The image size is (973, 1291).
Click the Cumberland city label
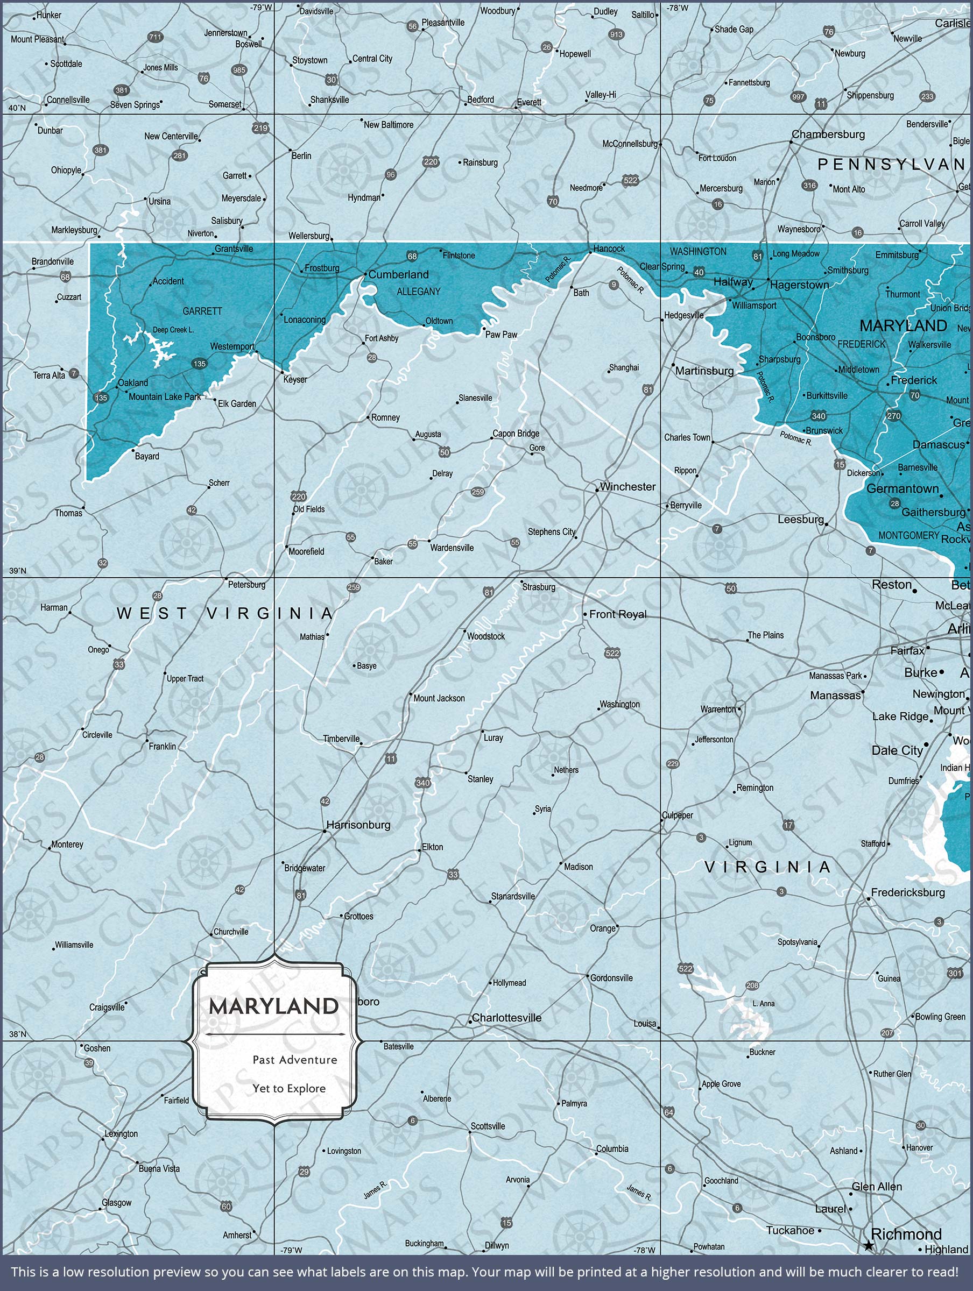click(x=398, y=274)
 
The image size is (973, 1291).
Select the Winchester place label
click(x=627, y=487)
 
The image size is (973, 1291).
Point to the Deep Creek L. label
click(x=173, y=330)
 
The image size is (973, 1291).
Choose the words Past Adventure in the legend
click(x=295, y=1059)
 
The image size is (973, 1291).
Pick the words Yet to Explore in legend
click(x=289, y=1089)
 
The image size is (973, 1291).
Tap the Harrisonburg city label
click(x=358, y=825)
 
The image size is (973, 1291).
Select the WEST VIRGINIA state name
click(x=225, y=613)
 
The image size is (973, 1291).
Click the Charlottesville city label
click(x=506, y=1017)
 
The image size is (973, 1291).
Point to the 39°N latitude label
click(x=18, y=571)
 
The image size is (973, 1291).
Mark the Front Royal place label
click(x=617, y=614)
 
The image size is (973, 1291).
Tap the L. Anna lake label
click(x=763, y=1003)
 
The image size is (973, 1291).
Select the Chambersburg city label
click(x=828, y=134)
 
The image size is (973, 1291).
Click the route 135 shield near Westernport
click(x=200, y=364)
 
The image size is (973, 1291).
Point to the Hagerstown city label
click(x=799, y=285)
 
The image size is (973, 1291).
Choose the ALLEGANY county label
click(x=418, y=291)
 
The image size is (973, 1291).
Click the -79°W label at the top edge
click(x=261, y=8)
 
